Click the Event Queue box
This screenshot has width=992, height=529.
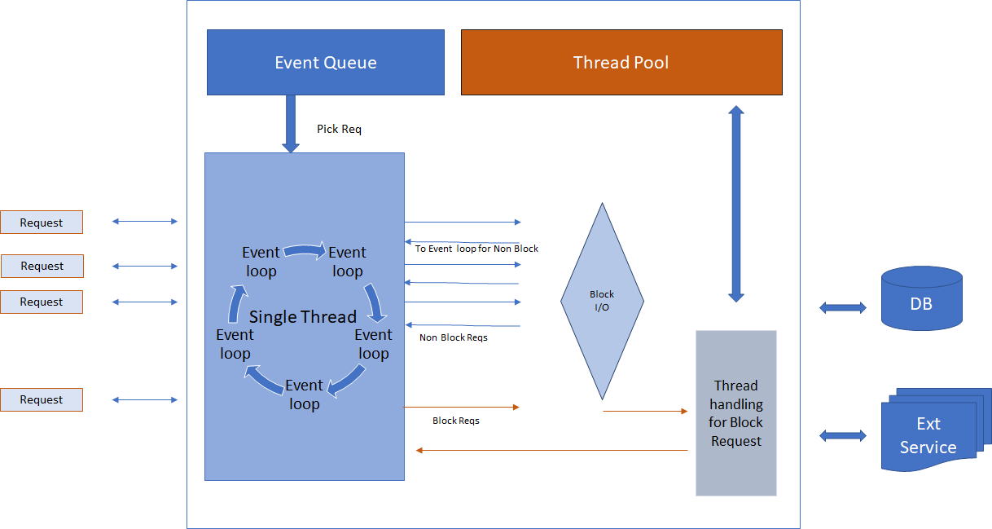click(x=325, y=63)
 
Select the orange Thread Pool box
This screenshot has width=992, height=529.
click(x=621, y=63)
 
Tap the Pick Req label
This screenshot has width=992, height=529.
click(x=339, y=129)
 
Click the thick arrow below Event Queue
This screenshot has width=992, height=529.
click(x=291, y=123)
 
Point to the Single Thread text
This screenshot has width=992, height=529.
click(x=302, y=316)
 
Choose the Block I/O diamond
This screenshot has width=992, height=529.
click(x=602, y=301)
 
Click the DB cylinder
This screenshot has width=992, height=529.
click(x=921, y=298)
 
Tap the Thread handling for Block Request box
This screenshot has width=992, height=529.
click(x=735, y=413)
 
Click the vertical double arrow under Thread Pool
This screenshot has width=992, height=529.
click(x=736, y=204)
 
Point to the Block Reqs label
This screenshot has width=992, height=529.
click(x=455, y=421)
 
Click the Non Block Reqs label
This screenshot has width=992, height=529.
click(x=453, y=337)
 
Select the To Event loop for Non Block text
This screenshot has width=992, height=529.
click(x=476, y=249)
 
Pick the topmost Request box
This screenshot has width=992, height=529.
click(x=42, y=223)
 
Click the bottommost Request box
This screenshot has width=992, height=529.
click(x=42, y=399)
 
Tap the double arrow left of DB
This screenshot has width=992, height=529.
click(x=843, y=307)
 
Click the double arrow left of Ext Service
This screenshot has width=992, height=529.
click(x=843, y=436)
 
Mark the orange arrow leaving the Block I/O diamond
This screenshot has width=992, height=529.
click(x=645, y=411)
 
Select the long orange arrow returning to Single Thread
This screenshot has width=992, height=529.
click(x=551, y=450)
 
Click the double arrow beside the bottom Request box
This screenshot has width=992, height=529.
click(x=144, y=399)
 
